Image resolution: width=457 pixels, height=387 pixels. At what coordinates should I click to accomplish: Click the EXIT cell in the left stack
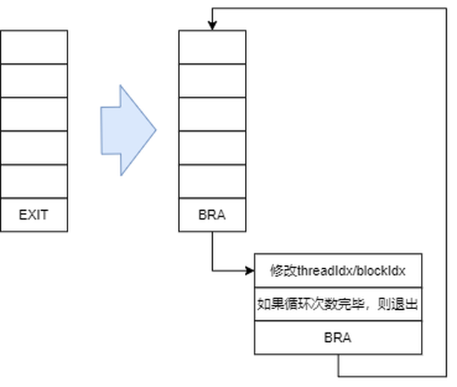[x=33, y=215]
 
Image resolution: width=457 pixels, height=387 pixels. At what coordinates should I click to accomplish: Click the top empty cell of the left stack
[x=33, y=47]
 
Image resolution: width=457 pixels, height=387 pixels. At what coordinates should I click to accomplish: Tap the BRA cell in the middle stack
[x=211, y=215]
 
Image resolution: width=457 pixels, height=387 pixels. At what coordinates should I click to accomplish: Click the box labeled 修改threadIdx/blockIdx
[x=338, y=270]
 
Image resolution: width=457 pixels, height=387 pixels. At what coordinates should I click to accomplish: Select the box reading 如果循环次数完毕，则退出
[x=338, y=304]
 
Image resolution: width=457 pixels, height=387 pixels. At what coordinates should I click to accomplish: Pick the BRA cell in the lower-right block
[x=338, y=338]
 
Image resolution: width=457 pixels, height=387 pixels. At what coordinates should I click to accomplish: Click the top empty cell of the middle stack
[x=211, y=47]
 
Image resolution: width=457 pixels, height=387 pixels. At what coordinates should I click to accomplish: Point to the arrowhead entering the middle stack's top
[x=212, y=26]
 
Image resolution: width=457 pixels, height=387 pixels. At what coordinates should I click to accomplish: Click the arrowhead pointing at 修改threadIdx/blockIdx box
[x=249, y=271]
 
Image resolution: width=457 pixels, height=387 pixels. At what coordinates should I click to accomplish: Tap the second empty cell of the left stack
[x=33, y=81]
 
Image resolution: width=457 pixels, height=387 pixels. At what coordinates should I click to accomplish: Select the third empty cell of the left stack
[x=33, y=114]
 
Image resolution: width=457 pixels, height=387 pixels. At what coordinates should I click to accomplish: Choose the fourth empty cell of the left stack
[x=33, y=147]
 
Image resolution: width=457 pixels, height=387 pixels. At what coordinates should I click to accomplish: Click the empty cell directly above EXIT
[x=33, y=182]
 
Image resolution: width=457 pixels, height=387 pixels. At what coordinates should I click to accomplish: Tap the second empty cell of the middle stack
[x=211, y=81]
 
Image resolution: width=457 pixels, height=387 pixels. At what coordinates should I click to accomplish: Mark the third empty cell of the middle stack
[x=211, y=114]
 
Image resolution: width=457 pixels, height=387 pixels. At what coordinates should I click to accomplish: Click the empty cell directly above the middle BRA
[x=211, y=182]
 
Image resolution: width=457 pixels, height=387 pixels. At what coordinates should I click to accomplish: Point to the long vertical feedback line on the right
[x=445, y=191]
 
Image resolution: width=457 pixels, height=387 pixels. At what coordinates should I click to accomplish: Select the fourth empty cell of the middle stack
[x=211, y=147]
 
